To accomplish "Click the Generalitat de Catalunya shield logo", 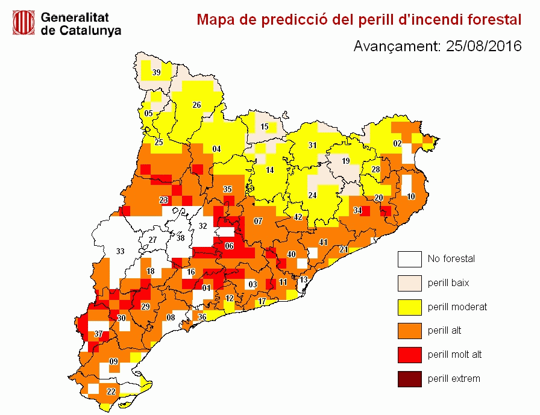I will tap(24, 23).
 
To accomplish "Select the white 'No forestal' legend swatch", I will tap(409, 259).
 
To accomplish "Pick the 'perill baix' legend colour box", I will tap(409, 283).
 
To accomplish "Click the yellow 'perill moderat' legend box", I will tap(409, 307).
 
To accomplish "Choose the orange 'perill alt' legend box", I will tap(409, 331).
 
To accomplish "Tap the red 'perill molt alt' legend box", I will tap(409, 355).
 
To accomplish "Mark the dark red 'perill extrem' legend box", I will tap(409, 379).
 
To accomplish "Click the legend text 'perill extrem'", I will tap(454, 379).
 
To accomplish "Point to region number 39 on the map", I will tap(156, 73).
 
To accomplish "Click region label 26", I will tap(196, 105).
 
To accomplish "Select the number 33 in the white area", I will tap(120, 251).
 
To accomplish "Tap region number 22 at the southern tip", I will tap(111, 392).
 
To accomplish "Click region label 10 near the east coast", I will tap(411, 196).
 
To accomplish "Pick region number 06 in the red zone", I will tap(229, 246).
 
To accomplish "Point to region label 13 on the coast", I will tap(304, 280).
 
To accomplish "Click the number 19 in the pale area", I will tap(345, 161).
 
